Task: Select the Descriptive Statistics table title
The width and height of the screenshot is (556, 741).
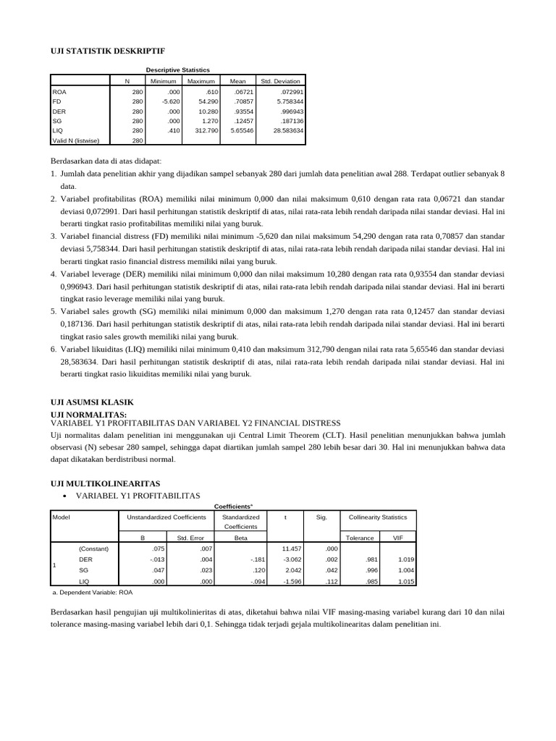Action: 177,69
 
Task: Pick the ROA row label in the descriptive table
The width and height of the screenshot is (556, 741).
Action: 59,93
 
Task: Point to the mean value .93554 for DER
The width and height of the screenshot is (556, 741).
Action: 242,112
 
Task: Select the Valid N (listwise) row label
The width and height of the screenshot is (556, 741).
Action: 77,140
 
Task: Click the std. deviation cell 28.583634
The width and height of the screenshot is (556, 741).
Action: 287,131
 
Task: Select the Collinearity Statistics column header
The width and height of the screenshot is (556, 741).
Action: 378,517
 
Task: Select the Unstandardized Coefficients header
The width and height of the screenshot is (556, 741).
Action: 167,517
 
